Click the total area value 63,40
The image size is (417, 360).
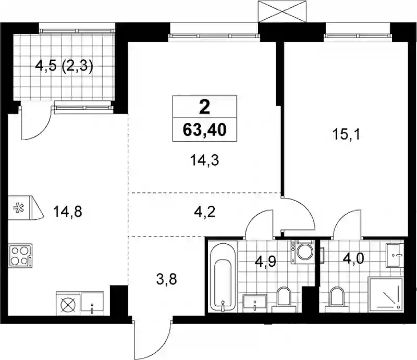(x=204, y=130)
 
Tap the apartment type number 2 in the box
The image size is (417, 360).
(x=204, y=107)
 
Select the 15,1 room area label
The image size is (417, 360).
(x=346, y=134)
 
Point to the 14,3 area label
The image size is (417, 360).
(x=204, y=160)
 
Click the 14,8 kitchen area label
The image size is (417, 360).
(x=68, y=212)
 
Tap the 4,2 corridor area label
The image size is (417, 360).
(x=205, y=212)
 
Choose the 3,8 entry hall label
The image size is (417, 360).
(x=167, y=279)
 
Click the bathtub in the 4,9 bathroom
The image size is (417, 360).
(x=223, y=276)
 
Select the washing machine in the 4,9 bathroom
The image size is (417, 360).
(x=302, y=252)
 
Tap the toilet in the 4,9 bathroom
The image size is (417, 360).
(x=284, y=299)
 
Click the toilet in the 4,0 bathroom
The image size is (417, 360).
(x=336, y=299)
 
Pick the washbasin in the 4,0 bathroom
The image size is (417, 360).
(x=395, y=255)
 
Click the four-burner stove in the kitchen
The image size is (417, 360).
(x=20, y=255)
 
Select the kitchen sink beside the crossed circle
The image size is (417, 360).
(x=92, y=304)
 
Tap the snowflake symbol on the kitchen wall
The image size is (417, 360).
(x=18, y=208)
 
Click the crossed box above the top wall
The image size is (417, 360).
(x=283, y=11)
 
